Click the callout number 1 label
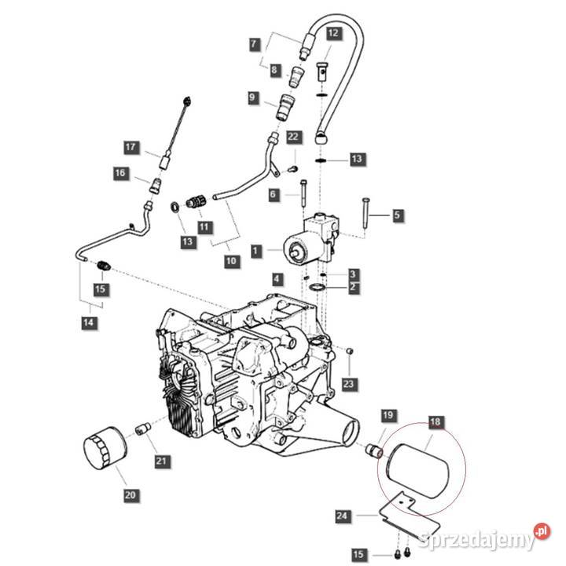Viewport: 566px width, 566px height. (x=255, y=250)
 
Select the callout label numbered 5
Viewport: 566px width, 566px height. (x=397, y=215)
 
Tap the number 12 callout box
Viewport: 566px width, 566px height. (x=333, y=33)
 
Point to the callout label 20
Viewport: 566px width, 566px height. (x=130, y=494)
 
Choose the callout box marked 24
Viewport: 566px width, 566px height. (x=340, y=516)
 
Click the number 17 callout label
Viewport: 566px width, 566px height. (x=130, y=146)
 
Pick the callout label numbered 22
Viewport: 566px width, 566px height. (x=293, y=137)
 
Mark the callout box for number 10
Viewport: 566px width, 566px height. (x=230, y=261)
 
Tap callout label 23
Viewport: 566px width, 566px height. (x=349, y=384)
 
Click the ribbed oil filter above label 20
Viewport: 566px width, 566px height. (x=105, y=452)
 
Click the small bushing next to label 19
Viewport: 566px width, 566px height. (x=374, y=452)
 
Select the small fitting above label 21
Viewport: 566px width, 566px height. (x=142, y=429)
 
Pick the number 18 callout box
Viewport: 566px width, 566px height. (x=435, y=422)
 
